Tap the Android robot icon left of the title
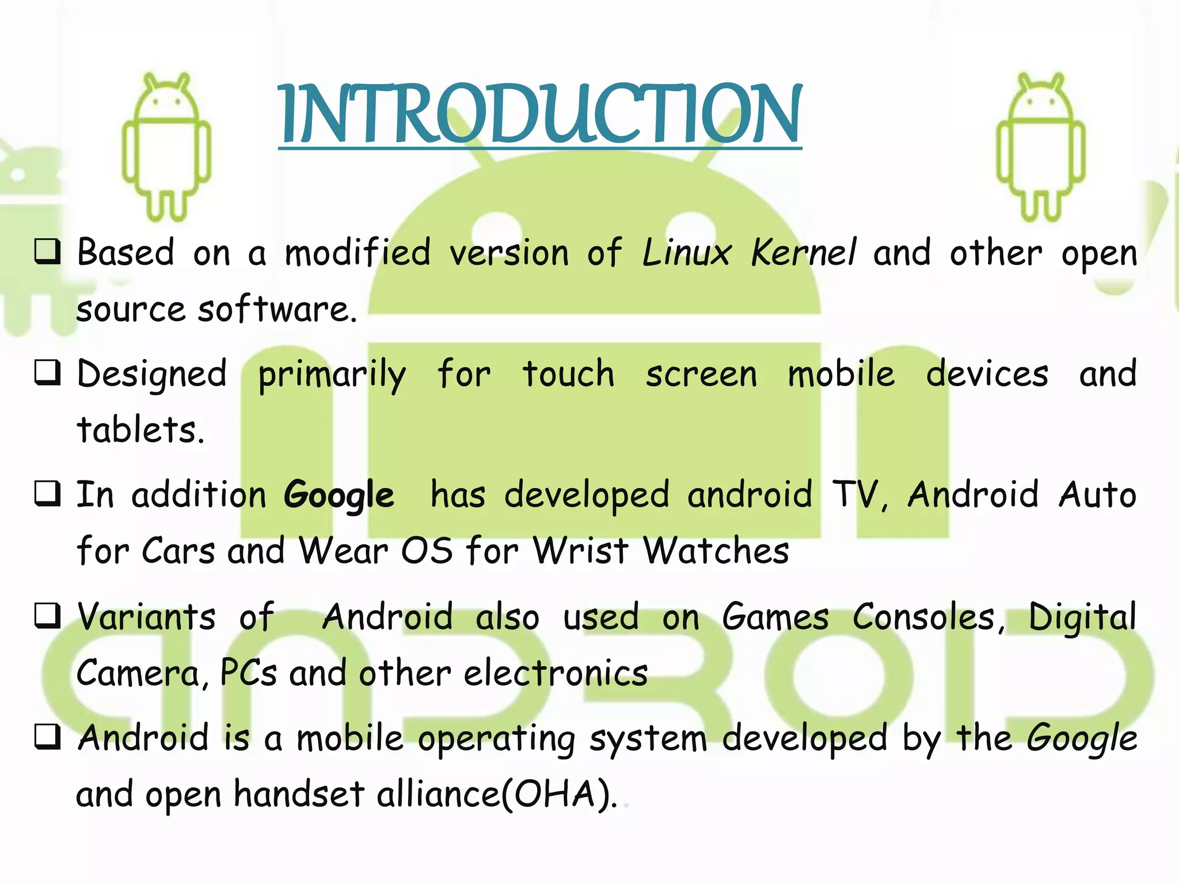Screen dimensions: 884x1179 coord(166,147)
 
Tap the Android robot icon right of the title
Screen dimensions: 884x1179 coord(1041,147)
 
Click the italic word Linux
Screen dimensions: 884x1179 coord(686,253)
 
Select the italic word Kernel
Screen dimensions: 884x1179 coord(804,253)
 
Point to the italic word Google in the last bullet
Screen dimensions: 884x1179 coord(1082,739)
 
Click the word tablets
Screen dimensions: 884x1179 coord(140,430)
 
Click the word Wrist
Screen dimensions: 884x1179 coord(580,551)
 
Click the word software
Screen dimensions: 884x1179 coord(276,309)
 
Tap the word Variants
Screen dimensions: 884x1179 coord(147,617)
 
